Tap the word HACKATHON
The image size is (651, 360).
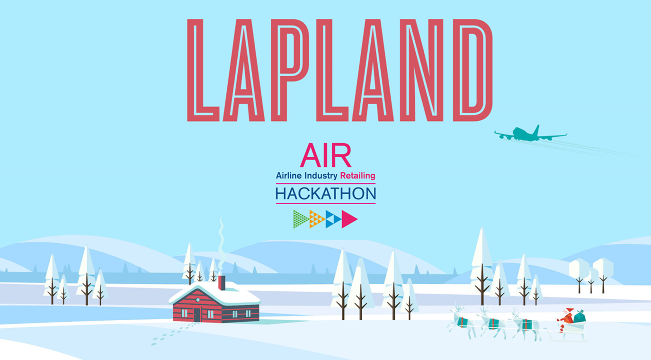[x=326, y=194]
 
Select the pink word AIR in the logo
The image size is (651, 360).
[x=326, y=155]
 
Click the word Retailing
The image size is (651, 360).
[x=358, y=176]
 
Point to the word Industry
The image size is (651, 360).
[x=321, y=176]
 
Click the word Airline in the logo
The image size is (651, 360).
[x=289, y=176]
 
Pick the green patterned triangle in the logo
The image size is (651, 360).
[x=301, y=219]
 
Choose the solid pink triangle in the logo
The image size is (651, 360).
[x=349, y=219]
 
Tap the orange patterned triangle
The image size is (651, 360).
[x=316, y=219]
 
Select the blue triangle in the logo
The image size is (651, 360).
[x=333, y=219]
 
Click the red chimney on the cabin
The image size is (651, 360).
[x=222, y=283]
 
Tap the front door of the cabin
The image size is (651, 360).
[x=197, y=315]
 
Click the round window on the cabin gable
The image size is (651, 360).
[x=198, y=300]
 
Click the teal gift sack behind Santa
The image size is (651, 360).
[x=579, y=316]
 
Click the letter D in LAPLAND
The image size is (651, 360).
[x=473, y=70]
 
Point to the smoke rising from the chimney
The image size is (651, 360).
[x=221, y=244]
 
